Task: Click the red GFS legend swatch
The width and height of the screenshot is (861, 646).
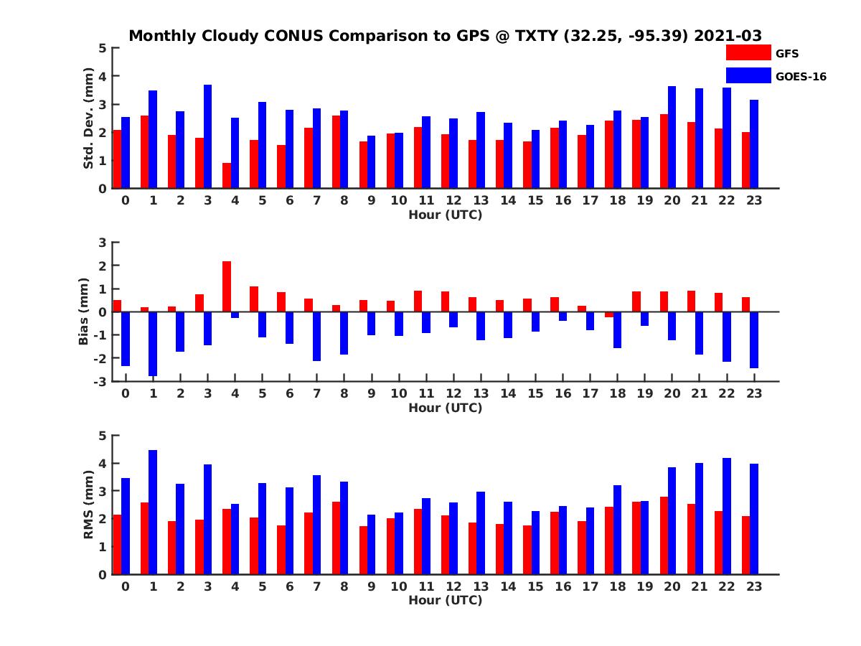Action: tap(748, 52)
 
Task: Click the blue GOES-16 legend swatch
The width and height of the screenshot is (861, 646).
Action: tap(748, 75)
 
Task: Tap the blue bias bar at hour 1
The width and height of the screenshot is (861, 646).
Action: tap(153, 343)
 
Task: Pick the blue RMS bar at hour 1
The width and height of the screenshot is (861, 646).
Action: tap(153, 512)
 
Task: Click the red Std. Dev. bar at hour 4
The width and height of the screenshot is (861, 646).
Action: tap(227, 175)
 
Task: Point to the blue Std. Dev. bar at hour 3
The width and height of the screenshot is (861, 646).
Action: tap(207, 136)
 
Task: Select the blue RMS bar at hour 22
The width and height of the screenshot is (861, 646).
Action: tap(727, 516)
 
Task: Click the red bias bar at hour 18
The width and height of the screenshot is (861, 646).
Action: tap(609, 314)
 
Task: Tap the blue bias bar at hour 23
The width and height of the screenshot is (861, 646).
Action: tap(754, 340)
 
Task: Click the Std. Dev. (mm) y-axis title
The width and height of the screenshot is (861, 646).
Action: tap(89, 118)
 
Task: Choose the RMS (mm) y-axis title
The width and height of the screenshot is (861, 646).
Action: tap(89, 505)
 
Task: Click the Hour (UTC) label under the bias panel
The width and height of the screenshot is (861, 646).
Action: tap(445, 408)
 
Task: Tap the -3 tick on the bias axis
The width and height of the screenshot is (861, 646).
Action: tap(101, 381)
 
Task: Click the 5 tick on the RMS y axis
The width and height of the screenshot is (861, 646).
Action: tap(102, 436)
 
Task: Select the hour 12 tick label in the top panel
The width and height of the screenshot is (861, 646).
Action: tap(453, 200)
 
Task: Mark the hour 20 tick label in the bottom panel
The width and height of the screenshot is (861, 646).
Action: tap(672, 586)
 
